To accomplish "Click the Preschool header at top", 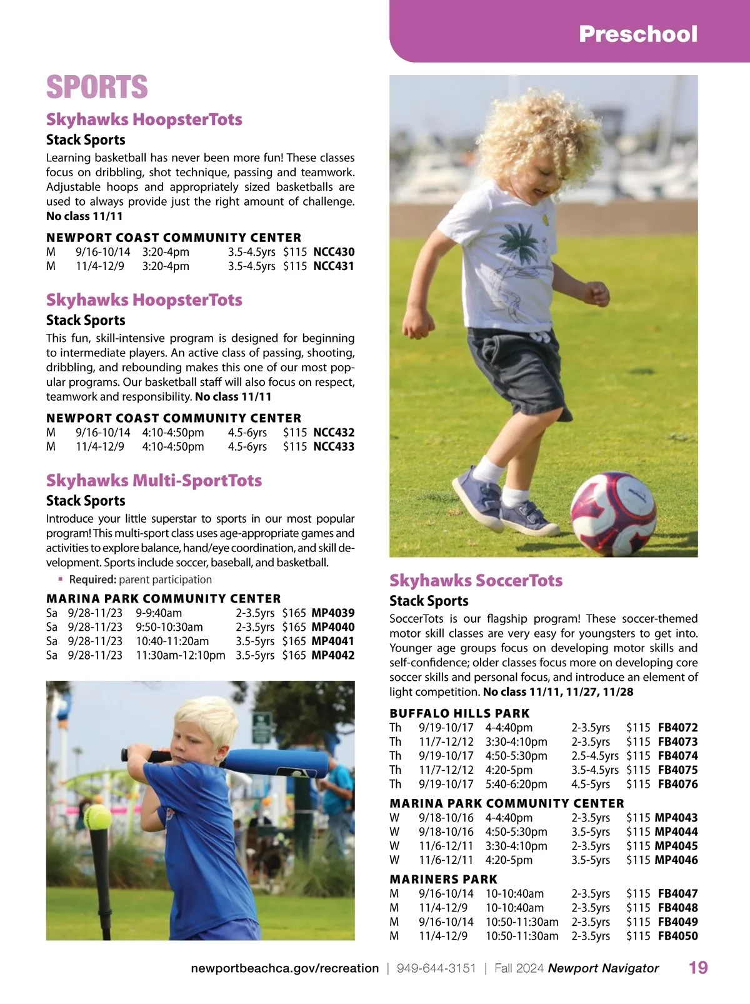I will (x=637, y=34).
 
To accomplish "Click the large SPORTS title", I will (x=97, y=87).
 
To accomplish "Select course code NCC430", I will (x=334, y=252).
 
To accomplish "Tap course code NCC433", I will (x=334, y=446).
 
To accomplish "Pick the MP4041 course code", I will (x=332, y=641).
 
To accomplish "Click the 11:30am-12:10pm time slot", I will (x=180, y=655).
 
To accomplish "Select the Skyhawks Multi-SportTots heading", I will (x=154, y=480).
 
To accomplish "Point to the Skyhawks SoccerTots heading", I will (x=476, y=580).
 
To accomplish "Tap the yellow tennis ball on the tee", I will (x=97, y=816).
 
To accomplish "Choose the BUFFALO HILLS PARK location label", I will (x=459, y=713).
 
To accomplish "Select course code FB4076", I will (x=677, y=784).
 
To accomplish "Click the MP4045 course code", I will (x=676, y=846).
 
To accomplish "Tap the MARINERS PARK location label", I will (x=443, y=879).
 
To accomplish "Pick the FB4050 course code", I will (x=677, y=936).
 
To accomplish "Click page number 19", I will (x=698, y=968).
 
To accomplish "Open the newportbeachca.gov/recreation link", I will (x=284, y=968).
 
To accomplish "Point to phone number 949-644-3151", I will (x=436, y=968).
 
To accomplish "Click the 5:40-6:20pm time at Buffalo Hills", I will (x=516, y=784).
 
